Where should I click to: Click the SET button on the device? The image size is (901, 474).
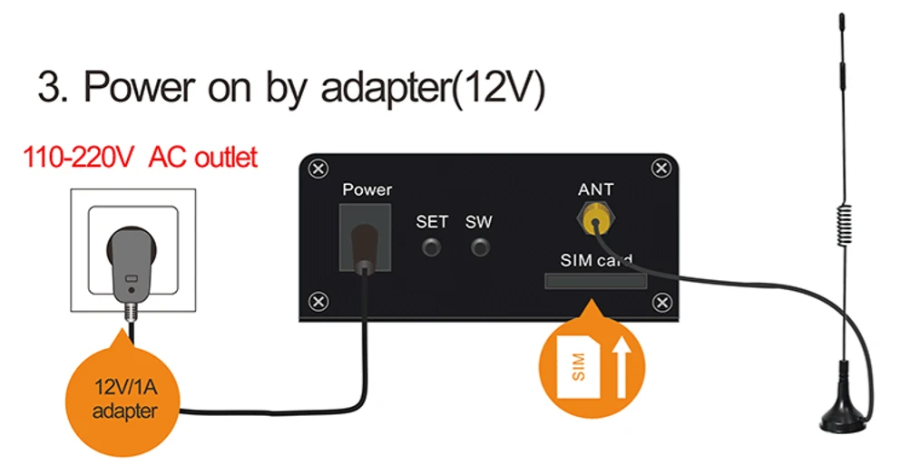point(433,247)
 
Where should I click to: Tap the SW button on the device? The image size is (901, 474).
point(479,247)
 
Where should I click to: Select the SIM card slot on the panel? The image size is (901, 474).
point(595,281)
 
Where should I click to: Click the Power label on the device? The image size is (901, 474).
point(367,189)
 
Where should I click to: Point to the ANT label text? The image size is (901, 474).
point(595,189)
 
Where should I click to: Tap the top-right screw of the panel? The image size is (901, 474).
point(662,169)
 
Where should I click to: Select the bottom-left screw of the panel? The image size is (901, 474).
point(318,301)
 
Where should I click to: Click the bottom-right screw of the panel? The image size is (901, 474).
point(662,301)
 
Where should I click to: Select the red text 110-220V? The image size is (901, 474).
point(79,158)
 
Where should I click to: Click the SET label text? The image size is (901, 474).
point(432,221)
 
